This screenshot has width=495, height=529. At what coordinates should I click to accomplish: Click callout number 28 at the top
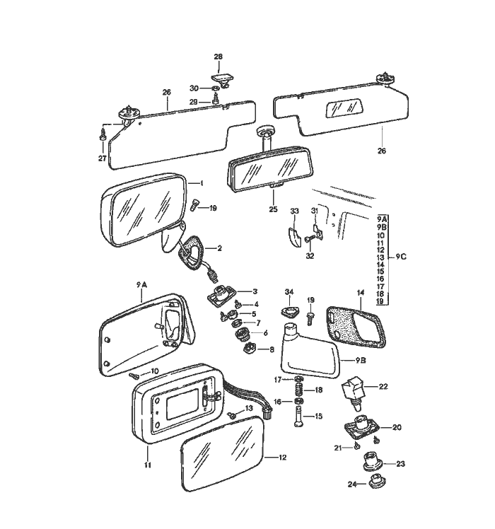[218, 56]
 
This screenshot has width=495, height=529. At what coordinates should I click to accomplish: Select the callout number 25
[273, 209]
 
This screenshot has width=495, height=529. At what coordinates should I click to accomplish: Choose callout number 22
[383, 386]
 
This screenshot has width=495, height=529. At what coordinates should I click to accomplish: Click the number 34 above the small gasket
[289, 292]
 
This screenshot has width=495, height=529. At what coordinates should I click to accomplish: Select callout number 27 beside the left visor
[103, 158]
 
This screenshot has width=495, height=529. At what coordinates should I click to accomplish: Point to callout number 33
[295, 211]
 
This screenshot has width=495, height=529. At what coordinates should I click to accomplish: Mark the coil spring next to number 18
[299, 390]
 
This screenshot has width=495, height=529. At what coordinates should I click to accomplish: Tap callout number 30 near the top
[194, 88]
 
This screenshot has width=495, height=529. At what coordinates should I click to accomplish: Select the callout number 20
[396, 427]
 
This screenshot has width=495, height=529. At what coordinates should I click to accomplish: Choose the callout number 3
[255, 291]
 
